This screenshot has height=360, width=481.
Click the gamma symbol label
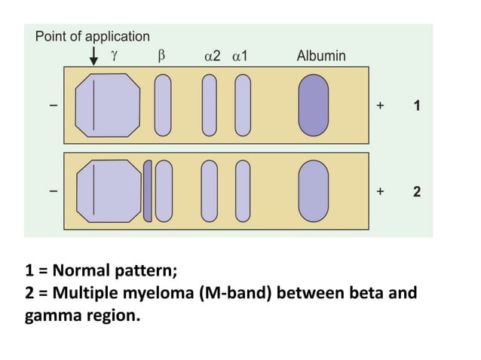114,56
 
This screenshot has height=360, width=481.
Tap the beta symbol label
161,56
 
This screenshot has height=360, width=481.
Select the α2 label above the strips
213,56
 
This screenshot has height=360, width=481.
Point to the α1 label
240,56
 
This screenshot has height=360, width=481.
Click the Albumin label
321,56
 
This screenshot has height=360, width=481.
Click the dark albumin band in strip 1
313,105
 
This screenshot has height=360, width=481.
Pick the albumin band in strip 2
313,191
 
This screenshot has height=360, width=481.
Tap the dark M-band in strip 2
148,191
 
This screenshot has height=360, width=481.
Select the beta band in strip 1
163,105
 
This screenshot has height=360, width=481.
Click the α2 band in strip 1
209,105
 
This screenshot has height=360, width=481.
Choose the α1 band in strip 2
243,191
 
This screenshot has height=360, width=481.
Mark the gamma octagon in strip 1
108,105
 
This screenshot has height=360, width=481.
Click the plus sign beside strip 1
380,105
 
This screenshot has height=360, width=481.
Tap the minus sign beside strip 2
54,191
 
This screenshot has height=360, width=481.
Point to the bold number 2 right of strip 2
417,192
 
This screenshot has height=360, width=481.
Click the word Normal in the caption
81,270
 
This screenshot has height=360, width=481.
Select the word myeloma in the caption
158,294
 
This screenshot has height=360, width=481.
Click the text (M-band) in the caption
235,293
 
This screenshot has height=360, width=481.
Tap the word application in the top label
118,37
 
